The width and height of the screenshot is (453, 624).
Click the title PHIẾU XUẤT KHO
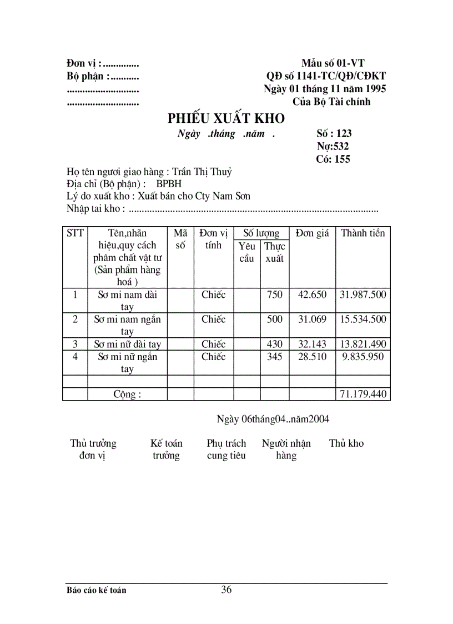point(226,118)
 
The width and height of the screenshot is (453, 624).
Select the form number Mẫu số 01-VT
point(333,64)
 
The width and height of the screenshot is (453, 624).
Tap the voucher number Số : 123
point(334,133)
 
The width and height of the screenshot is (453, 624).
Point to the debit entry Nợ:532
point(333,146)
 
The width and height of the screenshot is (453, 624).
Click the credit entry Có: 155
point(333,159)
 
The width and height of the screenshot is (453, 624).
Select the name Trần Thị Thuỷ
point(202,172)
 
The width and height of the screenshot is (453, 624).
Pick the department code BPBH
point(169,184)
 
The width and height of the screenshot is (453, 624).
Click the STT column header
point(75,233)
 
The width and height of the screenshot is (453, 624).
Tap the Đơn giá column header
point(312,233)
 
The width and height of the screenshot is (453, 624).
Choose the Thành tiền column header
point(363,233)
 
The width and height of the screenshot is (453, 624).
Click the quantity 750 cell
point(274,295)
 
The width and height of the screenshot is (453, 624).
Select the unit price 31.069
point(312,320)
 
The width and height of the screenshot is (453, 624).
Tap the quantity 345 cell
point(274,357)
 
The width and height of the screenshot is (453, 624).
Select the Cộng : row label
point(127,395)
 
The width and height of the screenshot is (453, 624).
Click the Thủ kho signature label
point(346,443)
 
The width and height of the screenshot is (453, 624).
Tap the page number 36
point(226,590)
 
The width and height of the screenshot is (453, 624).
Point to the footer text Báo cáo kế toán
point(96,590)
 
